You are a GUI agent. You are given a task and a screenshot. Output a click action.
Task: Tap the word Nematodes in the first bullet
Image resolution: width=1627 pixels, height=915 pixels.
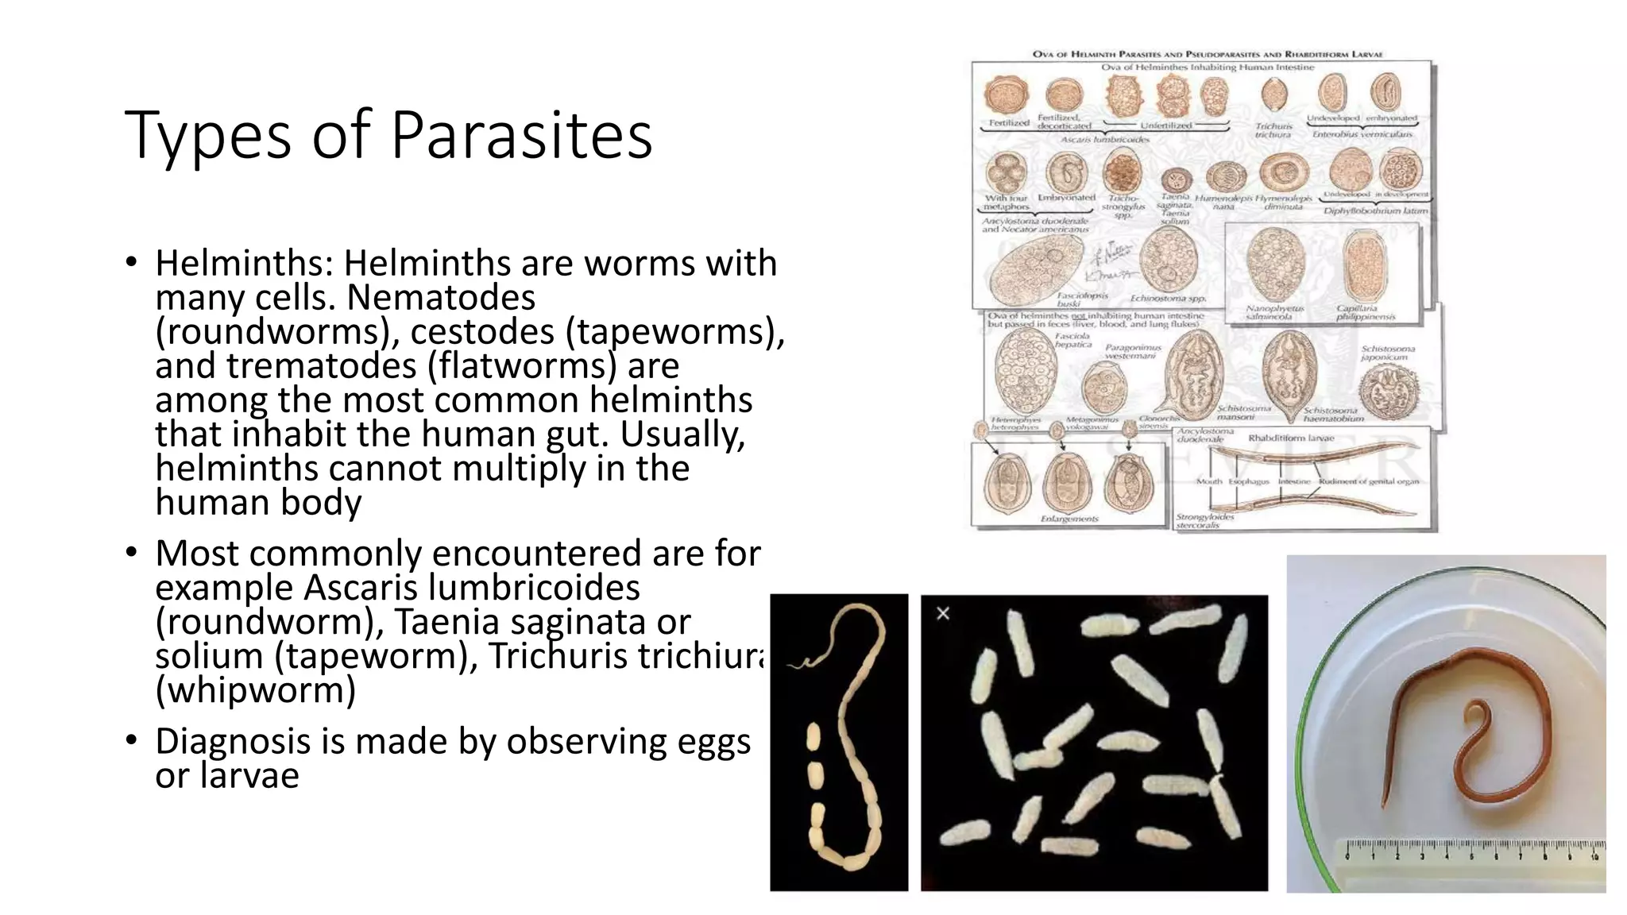(x=441, y=298)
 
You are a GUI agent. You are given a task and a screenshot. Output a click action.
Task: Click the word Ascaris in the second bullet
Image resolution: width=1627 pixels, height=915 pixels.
(x=361, y=589)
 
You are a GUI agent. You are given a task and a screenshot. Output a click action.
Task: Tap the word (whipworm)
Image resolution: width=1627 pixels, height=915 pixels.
(x=255, y=690)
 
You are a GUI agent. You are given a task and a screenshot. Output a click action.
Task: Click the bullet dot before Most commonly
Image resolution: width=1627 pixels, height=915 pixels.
(x=132, y=552)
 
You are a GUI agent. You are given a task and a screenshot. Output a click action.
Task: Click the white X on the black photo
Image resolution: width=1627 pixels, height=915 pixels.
(x=943, y=613)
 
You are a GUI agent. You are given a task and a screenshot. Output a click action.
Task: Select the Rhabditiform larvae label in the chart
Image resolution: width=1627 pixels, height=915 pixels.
(x=1291, y=438)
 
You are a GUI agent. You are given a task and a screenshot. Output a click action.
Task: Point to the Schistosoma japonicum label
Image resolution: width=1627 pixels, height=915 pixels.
(x=1387, y=353)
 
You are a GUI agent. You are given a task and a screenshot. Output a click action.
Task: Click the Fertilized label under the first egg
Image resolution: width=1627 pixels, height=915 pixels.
(x=1008, y=123)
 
